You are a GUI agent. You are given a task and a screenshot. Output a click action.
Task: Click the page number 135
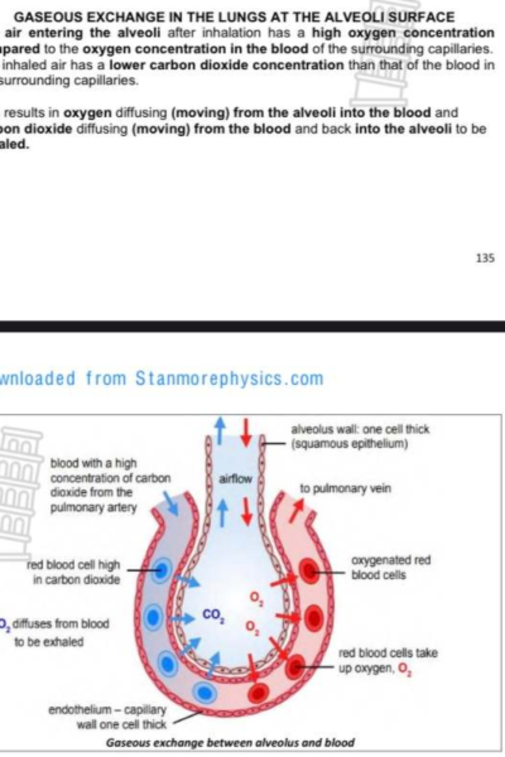(x=485, y=258)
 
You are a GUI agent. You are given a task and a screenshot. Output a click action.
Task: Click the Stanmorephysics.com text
(x=229, y=378)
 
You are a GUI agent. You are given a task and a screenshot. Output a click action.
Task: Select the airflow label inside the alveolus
(x=235, y=479)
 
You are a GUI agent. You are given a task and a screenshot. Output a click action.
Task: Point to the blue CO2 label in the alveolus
(x=213, y=615)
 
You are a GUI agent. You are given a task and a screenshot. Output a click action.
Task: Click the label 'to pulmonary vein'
(x=345, y=489)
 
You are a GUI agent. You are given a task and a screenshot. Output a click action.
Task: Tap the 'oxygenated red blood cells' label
(x=391, y=567)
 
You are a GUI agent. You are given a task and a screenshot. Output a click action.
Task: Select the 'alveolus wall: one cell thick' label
(x=360, y=436)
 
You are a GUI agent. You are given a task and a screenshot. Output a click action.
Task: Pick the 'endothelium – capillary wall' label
(x=107, y=717)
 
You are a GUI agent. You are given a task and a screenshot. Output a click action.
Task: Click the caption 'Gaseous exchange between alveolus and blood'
(x=230, y=743)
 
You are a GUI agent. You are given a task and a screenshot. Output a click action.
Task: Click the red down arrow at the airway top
(x=247, y=431)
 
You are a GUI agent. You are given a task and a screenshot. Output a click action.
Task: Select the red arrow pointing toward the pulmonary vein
(x=297, y=509)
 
